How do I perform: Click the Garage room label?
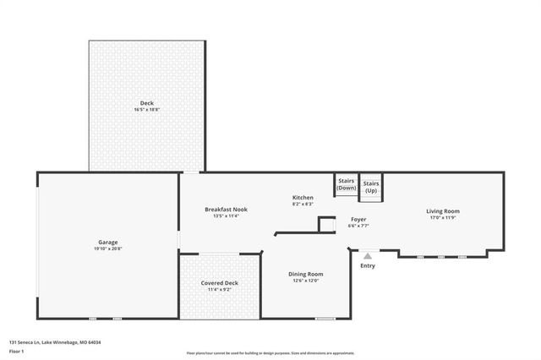[107, 242]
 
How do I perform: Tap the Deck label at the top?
[147, 103]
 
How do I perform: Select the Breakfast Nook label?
[226, 209]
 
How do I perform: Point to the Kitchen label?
[303, 198]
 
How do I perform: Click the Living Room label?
[443, 210]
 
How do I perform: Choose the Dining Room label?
[305, 274]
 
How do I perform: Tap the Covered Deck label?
[219, 282]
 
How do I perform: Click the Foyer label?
[359, 220]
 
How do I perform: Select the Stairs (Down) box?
[346, 185]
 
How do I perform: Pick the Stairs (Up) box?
[371, 187]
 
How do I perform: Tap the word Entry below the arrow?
[368, 266]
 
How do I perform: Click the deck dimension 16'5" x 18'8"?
[147, 110]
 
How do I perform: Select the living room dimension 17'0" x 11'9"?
[443, 217]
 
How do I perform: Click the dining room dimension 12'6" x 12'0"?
[305, 281]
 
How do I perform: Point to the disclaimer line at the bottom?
[270, 353]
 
